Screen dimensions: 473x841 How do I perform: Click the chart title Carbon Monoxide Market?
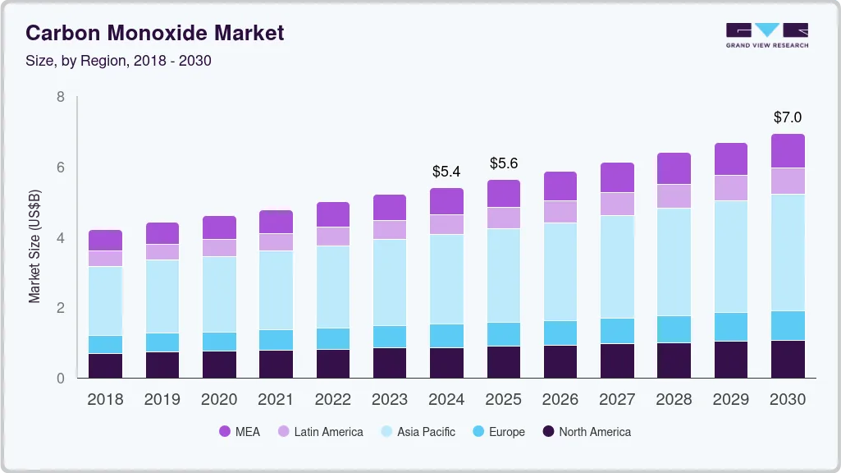(155, 33)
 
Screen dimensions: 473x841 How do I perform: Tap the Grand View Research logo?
(766, 34)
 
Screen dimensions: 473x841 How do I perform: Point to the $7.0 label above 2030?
(788, 117)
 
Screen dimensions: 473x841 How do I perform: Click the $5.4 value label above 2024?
(446, 172)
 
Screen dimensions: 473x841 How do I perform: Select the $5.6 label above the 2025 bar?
(504, 163)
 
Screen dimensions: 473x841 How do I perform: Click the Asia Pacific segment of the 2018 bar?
(105, 301)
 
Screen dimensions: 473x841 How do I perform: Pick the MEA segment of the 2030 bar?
(788, 151)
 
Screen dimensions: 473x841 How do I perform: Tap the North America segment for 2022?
(333, 364)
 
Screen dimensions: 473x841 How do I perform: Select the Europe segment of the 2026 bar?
(560, 333)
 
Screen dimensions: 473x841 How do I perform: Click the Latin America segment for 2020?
(219, 248)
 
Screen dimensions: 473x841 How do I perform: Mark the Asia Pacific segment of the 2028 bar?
(674, 262)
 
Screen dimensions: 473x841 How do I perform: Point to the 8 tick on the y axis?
(60, 97)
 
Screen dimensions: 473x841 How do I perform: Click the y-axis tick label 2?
(60, 308)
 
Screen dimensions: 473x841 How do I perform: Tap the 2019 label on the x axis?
(162, 400)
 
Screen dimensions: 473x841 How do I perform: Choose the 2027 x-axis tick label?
(617, 400)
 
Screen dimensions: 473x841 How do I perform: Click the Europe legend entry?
(498, 432)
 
